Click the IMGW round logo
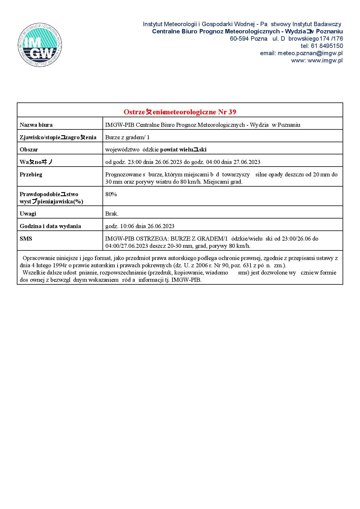click(40, 45)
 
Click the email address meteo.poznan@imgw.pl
click(310, 53)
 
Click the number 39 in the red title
click(232, 112)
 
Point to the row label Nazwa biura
click(36, 125)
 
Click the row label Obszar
click(29, 150)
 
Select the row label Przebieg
click(31, 175)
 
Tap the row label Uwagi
click(28, 214)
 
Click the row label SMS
click(26, 239)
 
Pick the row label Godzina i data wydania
click(50, 226)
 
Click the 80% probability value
click(111, 194)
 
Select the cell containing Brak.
click(112, 214)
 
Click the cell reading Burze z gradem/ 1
click(127, 138)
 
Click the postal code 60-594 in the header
click(239, 39)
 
